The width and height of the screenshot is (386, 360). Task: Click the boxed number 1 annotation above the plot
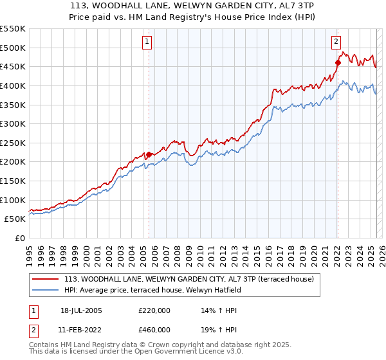(x=147, y=42)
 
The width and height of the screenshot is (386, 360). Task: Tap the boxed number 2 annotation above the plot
(x=336, y=42)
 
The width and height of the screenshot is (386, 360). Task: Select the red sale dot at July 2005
(x=149, y=154)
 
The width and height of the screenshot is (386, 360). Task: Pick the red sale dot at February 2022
(x=338, y=62)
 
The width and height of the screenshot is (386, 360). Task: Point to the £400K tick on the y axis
(x=13, y=85)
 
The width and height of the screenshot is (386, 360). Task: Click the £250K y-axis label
(x=13, y=143)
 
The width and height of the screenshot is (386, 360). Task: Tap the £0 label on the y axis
(x=20, y=238)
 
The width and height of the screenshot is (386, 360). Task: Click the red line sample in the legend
(x=46, y=279)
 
